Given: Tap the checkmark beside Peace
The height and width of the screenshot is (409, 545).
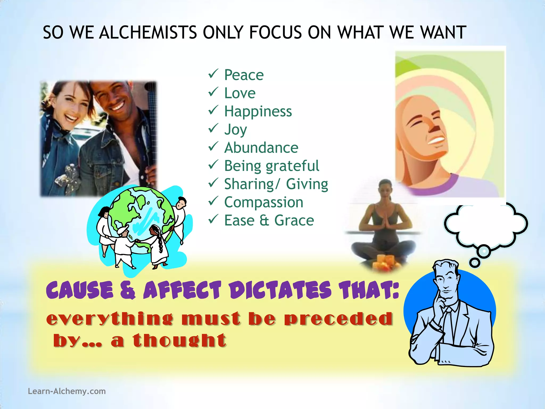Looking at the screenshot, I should pyautogui.click(x=213, y=73).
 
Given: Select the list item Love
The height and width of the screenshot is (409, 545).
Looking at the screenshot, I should pyautogui.click(x=240, y=93).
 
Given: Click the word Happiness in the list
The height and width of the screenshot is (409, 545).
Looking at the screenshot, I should pyautogui.click(x=258, y=111).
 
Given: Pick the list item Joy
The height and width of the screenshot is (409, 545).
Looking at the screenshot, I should pyautogui.click(x=236, y=130).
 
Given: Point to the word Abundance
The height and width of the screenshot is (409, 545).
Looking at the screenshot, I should pyautogui.click(x=261, y=148).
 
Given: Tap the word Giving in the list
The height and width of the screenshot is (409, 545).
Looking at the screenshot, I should pyautogui.click(x=307, y=184).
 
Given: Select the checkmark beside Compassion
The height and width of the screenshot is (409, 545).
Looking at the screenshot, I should pyautogui.click(x=213, y=201).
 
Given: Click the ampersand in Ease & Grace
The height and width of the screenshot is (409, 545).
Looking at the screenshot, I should pyautogui.click(x=264, y=220).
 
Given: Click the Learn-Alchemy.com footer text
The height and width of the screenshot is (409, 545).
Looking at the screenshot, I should pyautogui.click(x=67, y=391).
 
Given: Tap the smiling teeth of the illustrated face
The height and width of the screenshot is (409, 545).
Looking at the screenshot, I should pyautogui.click(x=438, y=140).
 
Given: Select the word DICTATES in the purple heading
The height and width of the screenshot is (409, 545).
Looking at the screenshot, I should pyautogui.click(x=280, y=290).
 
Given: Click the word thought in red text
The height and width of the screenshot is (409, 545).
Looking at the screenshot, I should pyautogui.click(x=179, y=341).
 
